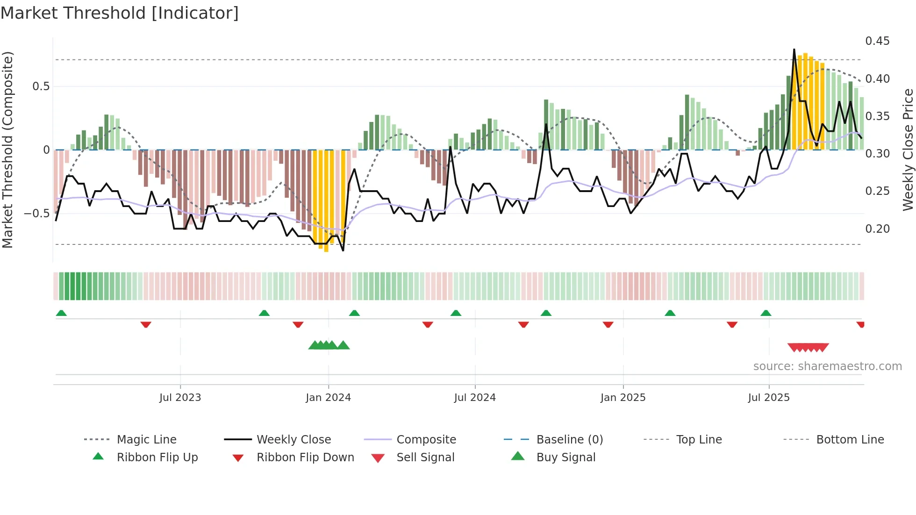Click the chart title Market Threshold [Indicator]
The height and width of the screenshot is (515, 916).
pos(120,13)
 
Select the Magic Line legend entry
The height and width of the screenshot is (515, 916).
pos(146,439)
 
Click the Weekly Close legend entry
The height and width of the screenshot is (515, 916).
pos(293,439)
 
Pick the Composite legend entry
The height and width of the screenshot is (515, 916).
pos(426,439)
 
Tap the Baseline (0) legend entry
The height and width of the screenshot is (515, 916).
pos(569,439)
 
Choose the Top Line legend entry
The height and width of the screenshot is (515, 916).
pos(699,439)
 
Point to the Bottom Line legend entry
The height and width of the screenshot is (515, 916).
pos(850,439)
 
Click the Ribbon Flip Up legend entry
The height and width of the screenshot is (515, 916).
pos(157,457)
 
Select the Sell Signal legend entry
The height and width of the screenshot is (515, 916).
pos(425,457)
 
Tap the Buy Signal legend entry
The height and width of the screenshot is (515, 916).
pos(565,457)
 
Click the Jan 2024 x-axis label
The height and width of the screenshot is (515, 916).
pos(328,398)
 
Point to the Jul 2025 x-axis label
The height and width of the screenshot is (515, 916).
pos(768,398)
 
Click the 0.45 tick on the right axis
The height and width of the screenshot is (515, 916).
pos(877,41)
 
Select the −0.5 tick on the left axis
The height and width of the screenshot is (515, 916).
pos(36,214)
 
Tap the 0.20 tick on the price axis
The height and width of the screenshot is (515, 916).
pos(877,229)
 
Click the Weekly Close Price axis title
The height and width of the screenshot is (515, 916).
pos(908,150)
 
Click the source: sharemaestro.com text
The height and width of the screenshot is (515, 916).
pos(827,366)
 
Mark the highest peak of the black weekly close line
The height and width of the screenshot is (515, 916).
pos(794,49)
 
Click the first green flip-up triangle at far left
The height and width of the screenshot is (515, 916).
pos(61,313)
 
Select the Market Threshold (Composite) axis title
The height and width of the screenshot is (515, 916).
pos(7,150)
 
